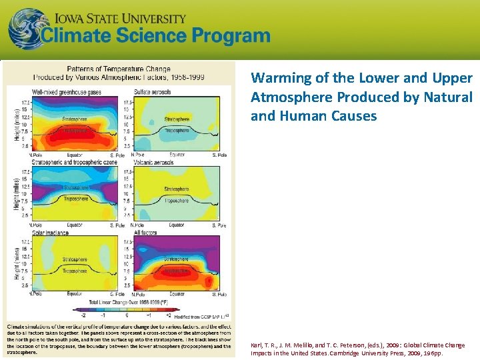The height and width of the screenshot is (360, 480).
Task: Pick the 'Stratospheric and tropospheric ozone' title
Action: [x=73, y=161]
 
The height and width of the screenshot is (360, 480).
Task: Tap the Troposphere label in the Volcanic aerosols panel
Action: [x=177, y=199]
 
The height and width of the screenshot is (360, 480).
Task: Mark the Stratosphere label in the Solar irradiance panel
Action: [x=75, y=260]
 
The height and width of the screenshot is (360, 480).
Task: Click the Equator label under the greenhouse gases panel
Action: [x=75, y=155]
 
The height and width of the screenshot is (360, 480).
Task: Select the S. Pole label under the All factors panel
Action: [x=219, y=294]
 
